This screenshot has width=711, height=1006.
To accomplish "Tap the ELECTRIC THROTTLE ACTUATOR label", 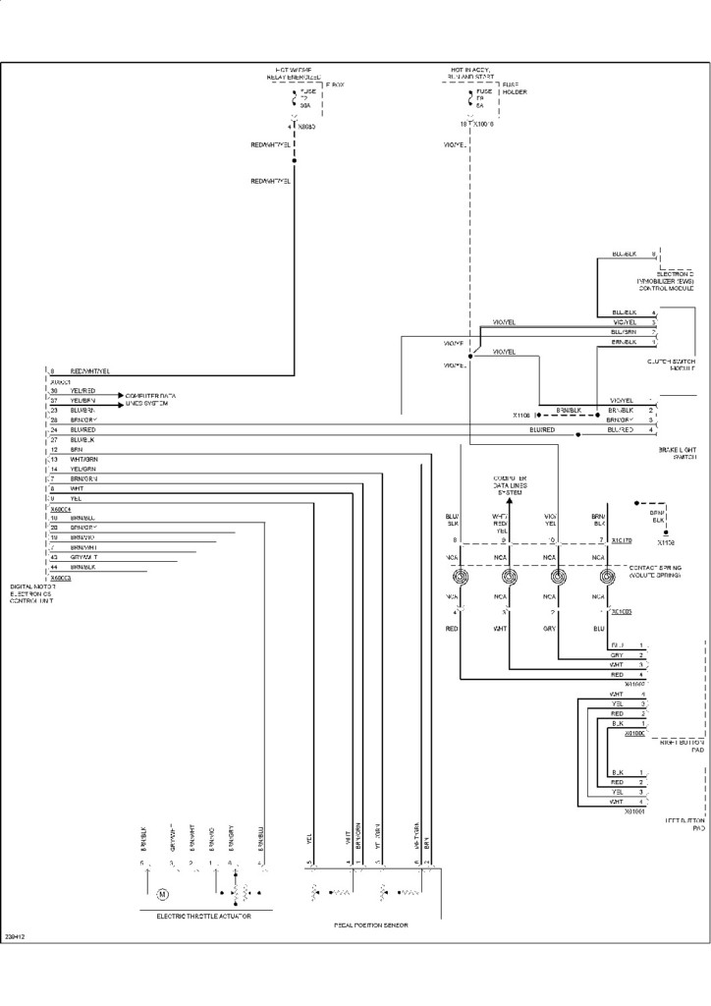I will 203,917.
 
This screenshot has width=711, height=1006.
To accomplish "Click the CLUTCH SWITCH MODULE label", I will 671,365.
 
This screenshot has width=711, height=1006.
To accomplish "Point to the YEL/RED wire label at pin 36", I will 82,391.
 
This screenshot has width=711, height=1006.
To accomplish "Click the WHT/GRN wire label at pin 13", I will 84,460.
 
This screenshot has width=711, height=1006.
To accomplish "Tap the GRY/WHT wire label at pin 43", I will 84,557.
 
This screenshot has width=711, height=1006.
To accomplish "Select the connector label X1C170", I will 622,540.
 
